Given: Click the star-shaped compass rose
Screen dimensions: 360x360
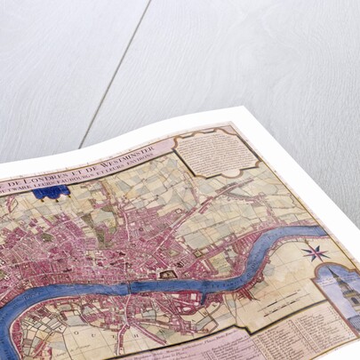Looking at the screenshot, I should (x=316, y=252).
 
